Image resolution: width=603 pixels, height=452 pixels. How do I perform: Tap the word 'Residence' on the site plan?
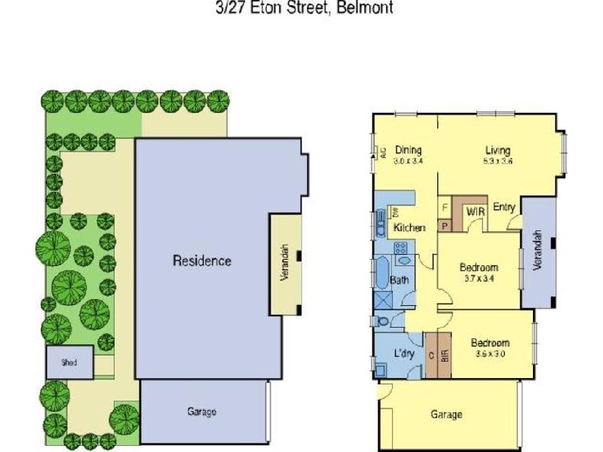[x=202, y=261]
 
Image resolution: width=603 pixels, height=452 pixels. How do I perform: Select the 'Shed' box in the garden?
[x=69, y=362]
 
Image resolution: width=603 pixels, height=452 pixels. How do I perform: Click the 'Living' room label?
[x=497, y=150]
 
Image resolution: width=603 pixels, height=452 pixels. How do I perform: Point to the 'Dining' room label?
[x=408, y=150]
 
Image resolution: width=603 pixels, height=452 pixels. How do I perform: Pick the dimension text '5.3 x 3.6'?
[x=497, y=161]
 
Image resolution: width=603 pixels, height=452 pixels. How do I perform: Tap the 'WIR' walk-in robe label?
[x=475, y=212]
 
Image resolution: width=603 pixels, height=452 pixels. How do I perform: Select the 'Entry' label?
[x=504, y=207]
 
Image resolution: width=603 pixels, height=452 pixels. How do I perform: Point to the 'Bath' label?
[x=399, y=281]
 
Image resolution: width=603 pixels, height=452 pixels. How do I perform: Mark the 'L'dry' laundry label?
[x=405, y=354]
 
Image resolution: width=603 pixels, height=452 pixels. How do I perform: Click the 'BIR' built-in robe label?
[x=444, y=354]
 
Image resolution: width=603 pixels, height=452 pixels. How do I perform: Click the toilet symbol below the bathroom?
[x=385, y=320]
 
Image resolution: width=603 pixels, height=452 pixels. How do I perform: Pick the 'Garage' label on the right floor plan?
[x=446, y=414]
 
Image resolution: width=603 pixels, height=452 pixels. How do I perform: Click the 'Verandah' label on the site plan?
[x=285, y=263]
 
